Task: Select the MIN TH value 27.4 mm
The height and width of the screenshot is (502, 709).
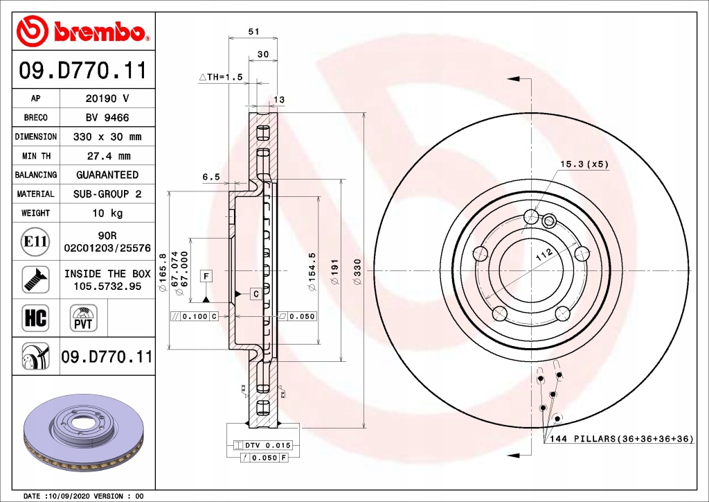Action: click(x=107, y=156)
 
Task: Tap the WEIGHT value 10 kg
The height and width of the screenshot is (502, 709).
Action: click(x=107, y=213)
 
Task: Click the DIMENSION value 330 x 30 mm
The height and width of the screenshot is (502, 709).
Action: click(x=107, y=137)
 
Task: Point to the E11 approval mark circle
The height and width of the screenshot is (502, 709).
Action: click(x=35, y=241)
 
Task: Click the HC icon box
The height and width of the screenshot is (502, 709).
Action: click(x=35, y=318)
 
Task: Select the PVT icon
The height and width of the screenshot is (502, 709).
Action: click(x=83, y=318)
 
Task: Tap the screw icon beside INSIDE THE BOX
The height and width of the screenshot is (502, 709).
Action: click(x=35, y=279)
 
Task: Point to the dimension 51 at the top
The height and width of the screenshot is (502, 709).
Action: click(x=253, y=31)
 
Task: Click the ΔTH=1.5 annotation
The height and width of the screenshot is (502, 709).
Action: click(x=221, y=77)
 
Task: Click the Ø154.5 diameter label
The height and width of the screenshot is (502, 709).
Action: click(x=312, y=264)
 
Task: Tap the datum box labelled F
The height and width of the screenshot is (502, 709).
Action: click(x=206, y=276)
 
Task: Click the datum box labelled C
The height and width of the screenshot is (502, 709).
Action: click(x=255, y=295)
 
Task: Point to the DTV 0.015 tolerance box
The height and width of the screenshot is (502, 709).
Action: click(x=264, y=444)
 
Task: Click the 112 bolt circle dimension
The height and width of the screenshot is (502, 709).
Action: click(x=545, y=257)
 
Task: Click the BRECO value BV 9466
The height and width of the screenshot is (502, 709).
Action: click(x=107, y=118)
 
